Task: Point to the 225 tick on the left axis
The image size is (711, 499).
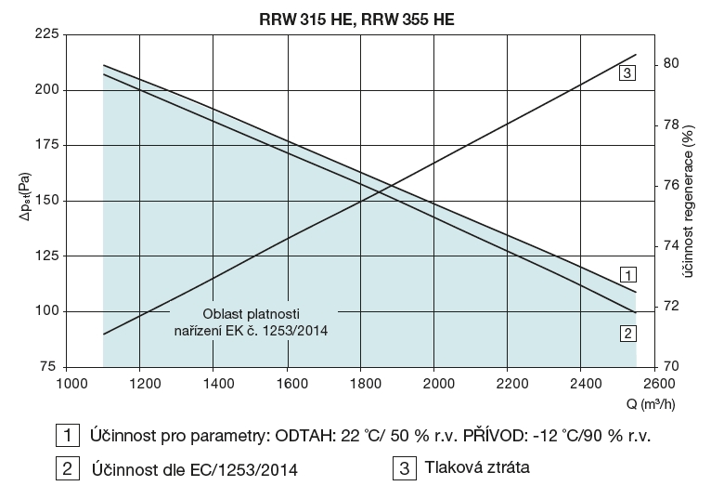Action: pos(45,34)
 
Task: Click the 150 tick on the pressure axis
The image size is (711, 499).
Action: pos(45,201)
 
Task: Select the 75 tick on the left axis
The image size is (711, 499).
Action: pos(49,367)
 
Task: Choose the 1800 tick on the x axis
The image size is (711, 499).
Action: pos(362,382)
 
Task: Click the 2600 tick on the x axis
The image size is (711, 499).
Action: pos(655,382)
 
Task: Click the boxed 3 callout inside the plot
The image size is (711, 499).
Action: pos(627,72)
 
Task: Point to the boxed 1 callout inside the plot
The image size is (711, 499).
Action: pos(628,275)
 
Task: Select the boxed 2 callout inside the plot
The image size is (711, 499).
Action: pos(628,332)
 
